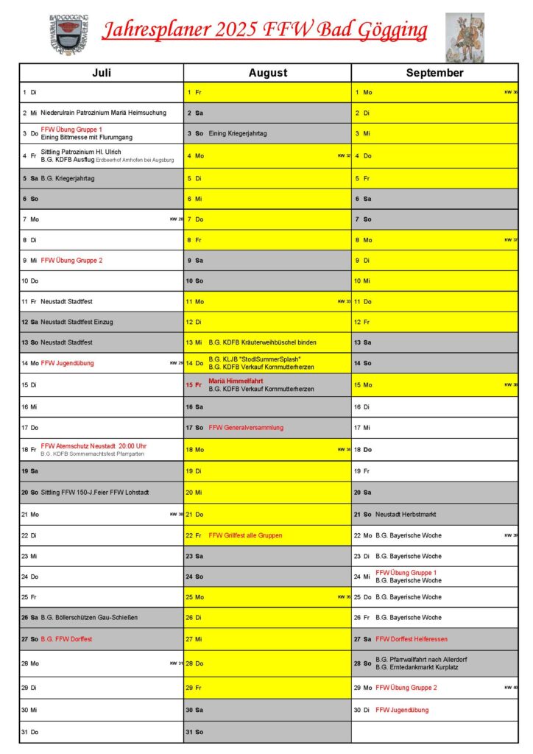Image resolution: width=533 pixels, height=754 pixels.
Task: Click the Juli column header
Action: (x=102, y=73)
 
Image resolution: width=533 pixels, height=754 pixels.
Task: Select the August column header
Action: (x=268, y=73)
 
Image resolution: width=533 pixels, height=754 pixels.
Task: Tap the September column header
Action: (x=434, y=73)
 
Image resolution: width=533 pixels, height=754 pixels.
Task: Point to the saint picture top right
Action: (x=465, y=37)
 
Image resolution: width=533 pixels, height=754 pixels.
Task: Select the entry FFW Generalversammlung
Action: (x=246, y=428)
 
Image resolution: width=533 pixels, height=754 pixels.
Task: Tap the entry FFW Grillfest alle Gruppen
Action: (x=245, y=535)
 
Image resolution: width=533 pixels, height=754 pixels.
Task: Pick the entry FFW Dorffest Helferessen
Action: (x=411, y=639)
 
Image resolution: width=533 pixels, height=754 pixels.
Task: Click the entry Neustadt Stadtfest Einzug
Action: (x=77, y=322)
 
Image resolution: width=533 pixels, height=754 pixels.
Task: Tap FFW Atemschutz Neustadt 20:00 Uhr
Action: (x=93, y=445)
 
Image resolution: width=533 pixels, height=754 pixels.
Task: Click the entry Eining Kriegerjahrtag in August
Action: (x=238, y=133)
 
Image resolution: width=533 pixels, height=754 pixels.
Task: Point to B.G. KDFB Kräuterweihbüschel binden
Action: (x=263, y=342)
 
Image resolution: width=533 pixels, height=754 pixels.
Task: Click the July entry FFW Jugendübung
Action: (x=67, y=363)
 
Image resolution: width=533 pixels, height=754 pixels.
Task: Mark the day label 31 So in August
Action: (x=194, y=732)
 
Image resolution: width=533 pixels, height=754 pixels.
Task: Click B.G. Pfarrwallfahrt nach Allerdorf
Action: (x=421, y=659)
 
